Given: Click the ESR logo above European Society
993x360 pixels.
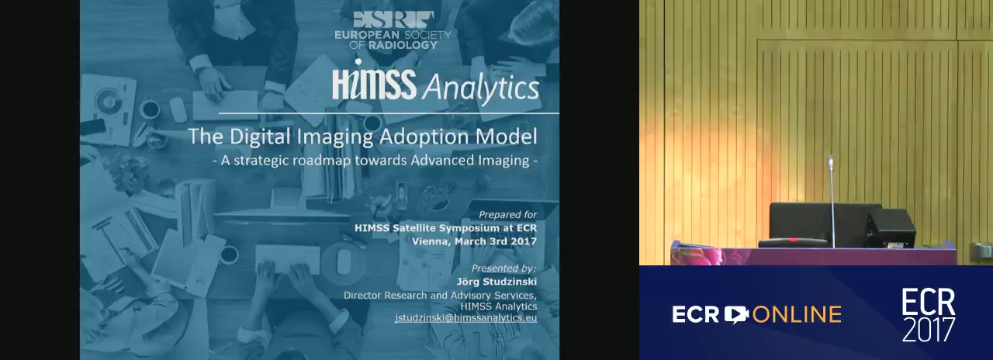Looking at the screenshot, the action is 393,20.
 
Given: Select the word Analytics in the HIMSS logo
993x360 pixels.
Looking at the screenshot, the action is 480,88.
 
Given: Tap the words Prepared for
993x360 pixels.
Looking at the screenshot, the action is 507,215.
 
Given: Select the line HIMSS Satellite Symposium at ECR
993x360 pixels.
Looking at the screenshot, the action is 445,228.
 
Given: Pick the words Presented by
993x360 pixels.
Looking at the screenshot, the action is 503,268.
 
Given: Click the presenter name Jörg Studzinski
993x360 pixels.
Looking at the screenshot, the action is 496,282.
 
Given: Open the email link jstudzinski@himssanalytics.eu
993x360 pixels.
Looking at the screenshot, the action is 466,318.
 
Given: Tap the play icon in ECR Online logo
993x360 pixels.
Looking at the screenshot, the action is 736,314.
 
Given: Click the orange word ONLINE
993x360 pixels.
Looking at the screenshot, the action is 797,314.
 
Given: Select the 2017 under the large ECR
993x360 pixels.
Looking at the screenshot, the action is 929,330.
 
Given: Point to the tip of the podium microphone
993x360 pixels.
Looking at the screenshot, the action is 831,158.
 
